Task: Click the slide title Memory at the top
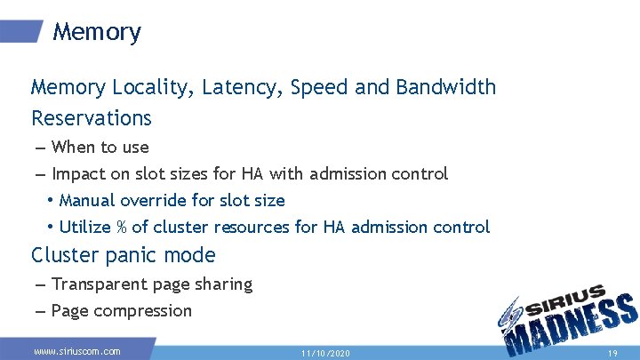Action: pyautogui.click(x=96, y=33)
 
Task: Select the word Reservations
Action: pyautogui.click(x=92, y=118)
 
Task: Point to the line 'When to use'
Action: pyautogui.click(x=100, y=148)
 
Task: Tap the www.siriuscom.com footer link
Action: pyautogui.click(x=76, y=352)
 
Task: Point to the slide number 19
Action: pyautogui.click(x=612, y=353)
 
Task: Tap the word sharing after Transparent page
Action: pyautogui.click(x=222, y=284)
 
